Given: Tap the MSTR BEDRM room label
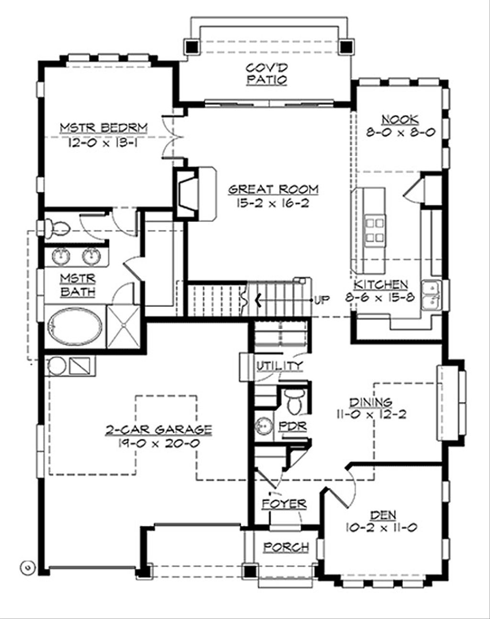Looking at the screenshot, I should point(103,128).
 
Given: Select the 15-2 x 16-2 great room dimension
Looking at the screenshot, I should point(273,203).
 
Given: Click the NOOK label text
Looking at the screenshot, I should point(400,120).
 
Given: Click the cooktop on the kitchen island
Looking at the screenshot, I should point(375,230).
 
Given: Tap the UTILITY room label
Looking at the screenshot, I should point(280,366).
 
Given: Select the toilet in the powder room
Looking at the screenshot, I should point(293,400).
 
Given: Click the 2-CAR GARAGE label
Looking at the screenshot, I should point(158,430).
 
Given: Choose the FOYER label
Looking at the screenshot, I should point(284,504).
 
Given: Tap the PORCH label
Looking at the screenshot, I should point(286,547).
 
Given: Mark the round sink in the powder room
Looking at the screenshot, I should point(262,425).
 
